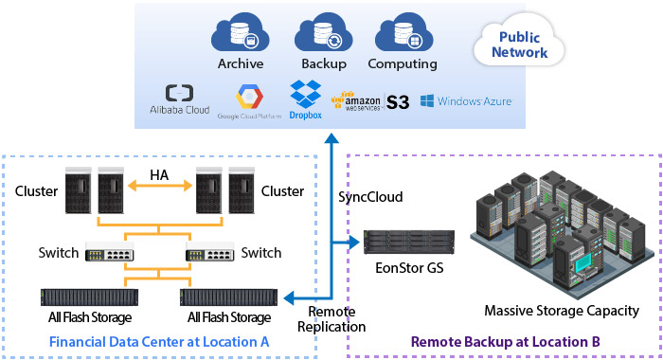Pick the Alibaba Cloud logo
coord(179,99)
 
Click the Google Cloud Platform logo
coord(249,101)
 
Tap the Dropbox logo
coord(305,99)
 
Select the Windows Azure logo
coord(466,101)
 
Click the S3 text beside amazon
coord(398,102)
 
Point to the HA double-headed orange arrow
coord(160,186)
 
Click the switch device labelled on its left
coord(110,252)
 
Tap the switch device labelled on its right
coord(209,252)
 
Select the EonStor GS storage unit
coord(409,242)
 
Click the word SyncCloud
coord(370,197)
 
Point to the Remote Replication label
coord(331,319)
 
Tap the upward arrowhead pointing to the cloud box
coord(331,138)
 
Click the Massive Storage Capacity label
coord(562,311)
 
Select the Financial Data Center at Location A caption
coord(159,342)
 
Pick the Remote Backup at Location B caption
coord(505,342)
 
